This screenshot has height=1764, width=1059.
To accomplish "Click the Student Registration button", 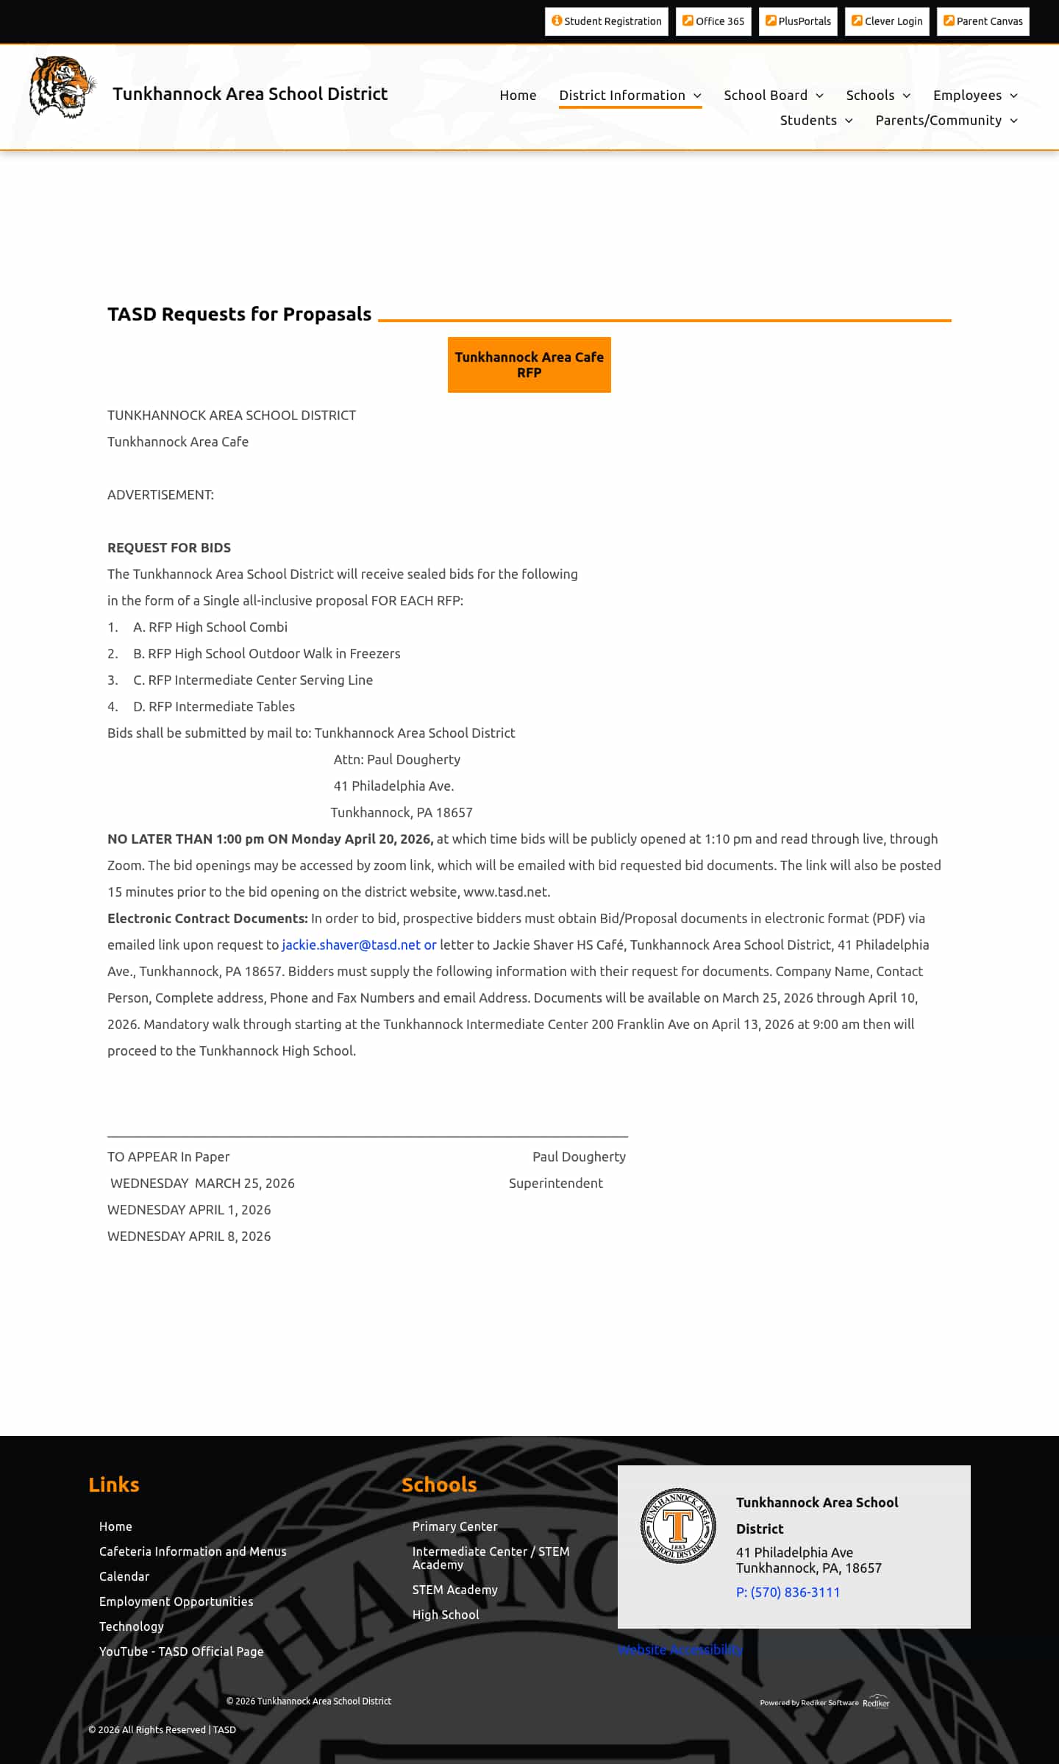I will pos(606,21).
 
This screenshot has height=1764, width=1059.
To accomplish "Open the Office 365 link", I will pos(713,21).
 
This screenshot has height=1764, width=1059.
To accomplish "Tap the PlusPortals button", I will pos(798,21).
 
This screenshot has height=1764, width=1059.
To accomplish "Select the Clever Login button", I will pos(887,21).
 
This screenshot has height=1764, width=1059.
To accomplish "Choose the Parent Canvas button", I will pos(983,21).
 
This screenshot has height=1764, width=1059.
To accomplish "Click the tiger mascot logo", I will pos(62,87).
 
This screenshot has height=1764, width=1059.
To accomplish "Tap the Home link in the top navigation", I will pos(518,96).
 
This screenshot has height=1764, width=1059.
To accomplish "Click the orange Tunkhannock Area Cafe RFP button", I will pos(529,365).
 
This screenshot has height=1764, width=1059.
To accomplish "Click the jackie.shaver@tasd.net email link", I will pos(351,945).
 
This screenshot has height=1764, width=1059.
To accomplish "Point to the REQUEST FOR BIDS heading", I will pos(169,548).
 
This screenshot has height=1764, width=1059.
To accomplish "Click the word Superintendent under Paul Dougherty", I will pos(555,1184).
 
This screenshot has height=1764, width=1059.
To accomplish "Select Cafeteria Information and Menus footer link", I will pos(193,1551).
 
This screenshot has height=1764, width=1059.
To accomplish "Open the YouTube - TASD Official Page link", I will pos(181,1651).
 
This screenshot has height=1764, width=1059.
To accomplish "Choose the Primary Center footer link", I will pos(454,1526).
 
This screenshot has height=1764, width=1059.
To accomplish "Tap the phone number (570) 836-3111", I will pos(788,1592).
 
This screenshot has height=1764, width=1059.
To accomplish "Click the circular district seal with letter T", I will pos(678,1526).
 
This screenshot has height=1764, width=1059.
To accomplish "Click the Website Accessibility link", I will pos(680,1649).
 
